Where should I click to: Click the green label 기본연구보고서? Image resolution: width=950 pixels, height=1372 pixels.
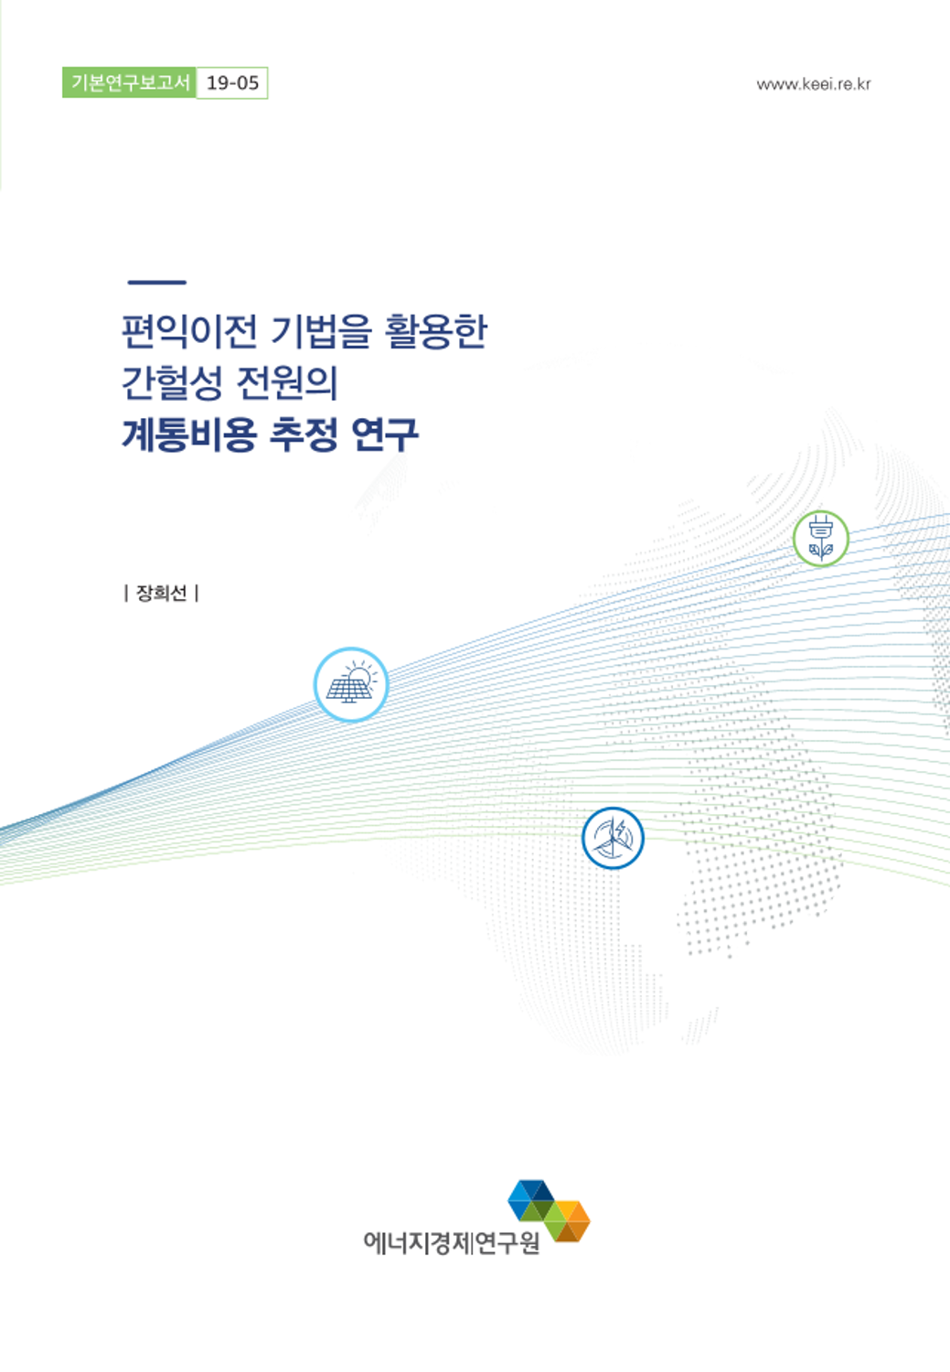pyautogui.click(x=129, y=82)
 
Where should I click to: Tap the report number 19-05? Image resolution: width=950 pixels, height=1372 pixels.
pyautogui.click(x=232, y=82)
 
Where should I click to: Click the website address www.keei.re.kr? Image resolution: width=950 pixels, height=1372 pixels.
pyautogui.click(x=814, y=84)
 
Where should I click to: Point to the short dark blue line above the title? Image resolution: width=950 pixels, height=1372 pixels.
pyautogui.click(x=156, y=283)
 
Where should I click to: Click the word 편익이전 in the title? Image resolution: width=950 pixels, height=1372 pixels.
pyautogui.click(x=188, y=331)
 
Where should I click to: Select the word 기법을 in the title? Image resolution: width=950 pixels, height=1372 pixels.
pyautogui.click(x=321, y=331)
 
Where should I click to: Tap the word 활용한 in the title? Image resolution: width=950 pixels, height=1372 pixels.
pyautogui.click(x=436, y=331)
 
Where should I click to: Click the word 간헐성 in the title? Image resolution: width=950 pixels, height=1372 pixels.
pyautogui.click(x=171, y=383)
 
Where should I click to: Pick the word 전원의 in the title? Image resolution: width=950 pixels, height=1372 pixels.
pyautogui.click(x=286, y=383)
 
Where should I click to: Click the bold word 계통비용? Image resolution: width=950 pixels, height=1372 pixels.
pyautogui.click(x=188, y=434)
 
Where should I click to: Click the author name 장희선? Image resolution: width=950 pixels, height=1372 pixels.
pyautogui.click(x=161, y=593)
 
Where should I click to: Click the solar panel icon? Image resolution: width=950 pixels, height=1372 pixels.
pyautogui.click(x=351, y=685)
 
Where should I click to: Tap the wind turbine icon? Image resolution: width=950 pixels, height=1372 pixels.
pyautogui.click(x=613, y=838)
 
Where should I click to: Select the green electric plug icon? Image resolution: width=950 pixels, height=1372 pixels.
pyautogui.click(x=821, y=539)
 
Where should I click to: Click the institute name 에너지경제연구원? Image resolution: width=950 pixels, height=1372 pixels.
pyautogui.click(x=452, y=1242)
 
